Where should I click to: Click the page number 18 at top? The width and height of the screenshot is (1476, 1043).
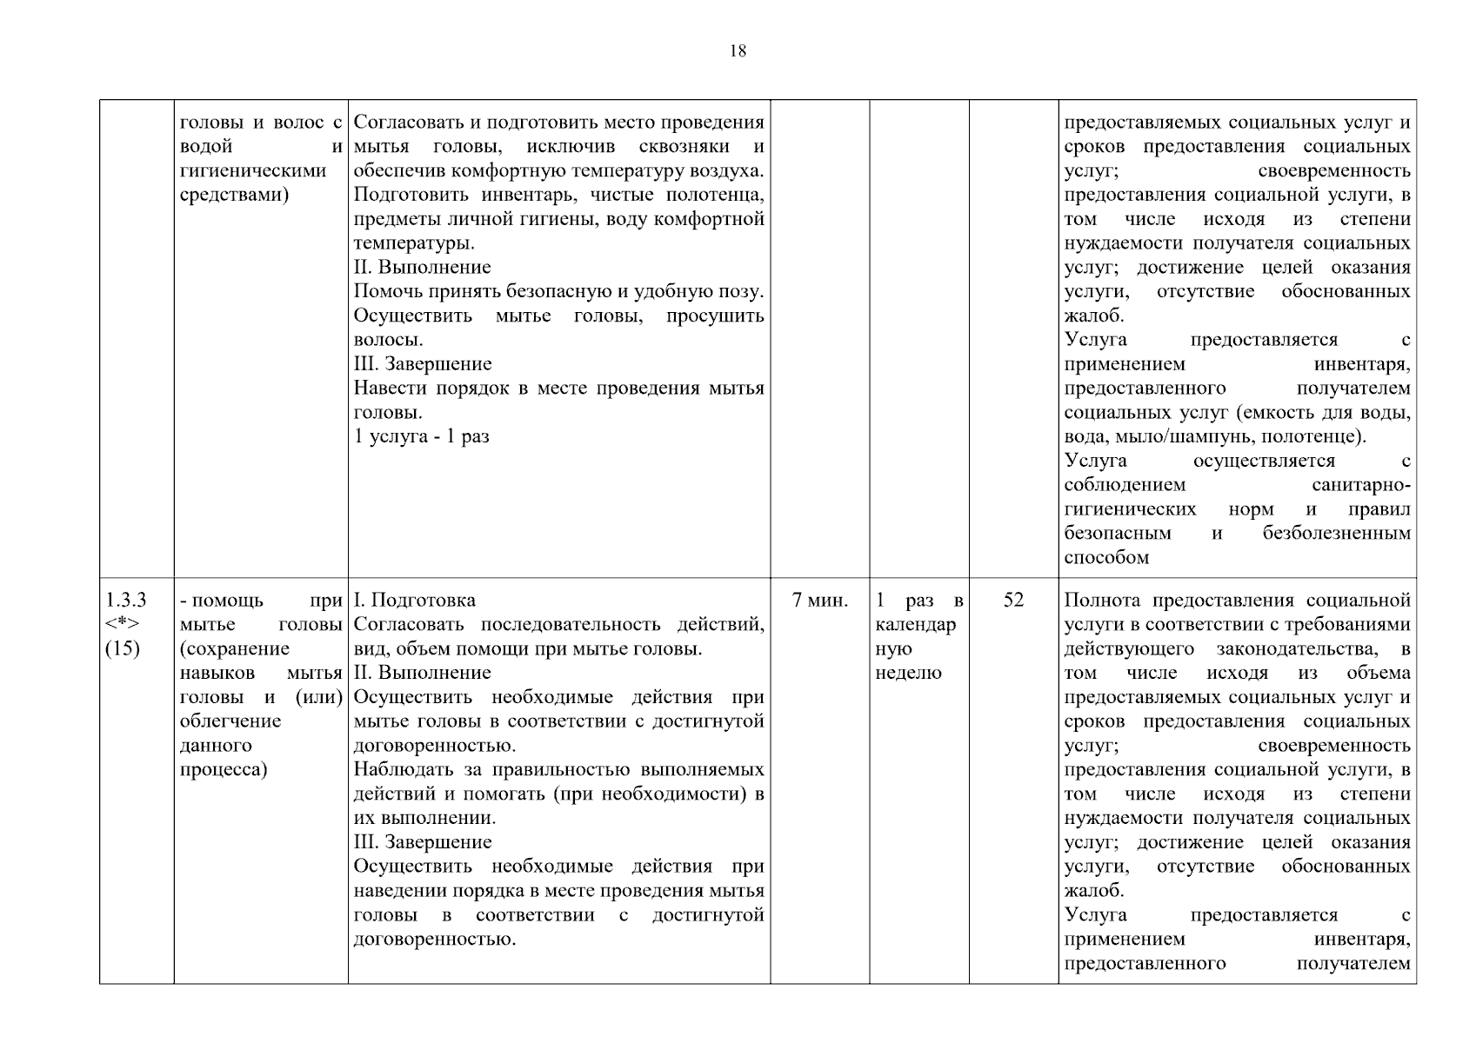coord(737,51)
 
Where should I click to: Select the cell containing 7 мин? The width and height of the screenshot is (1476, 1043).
coord(819,601)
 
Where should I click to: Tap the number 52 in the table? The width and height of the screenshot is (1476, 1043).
coord(1013,601)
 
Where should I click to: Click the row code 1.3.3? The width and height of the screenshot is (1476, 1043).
coord(126,601)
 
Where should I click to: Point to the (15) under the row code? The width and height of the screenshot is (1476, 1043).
coord(122,648)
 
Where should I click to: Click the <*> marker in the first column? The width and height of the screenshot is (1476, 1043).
coord(122,625)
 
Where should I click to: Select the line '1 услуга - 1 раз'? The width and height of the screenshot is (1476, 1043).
coord(422,436)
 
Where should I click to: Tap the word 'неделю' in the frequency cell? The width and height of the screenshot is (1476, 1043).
coord(908,673)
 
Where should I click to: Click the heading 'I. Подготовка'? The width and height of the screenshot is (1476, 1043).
coord(415,601)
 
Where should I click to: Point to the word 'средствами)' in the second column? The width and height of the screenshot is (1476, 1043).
coord(234,195)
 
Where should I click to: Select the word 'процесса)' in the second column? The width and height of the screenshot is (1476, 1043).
coord(223,769)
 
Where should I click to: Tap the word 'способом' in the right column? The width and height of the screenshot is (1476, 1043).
coord(1106,557)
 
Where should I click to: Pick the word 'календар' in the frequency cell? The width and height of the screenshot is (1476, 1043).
coord(916,625)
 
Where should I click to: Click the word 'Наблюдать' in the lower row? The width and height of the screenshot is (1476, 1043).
coord(404,769)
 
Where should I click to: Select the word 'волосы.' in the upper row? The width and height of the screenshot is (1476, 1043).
coord(388,340)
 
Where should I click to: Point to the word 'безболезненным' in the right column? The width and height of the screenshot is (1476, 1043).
coord(1336,533)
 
